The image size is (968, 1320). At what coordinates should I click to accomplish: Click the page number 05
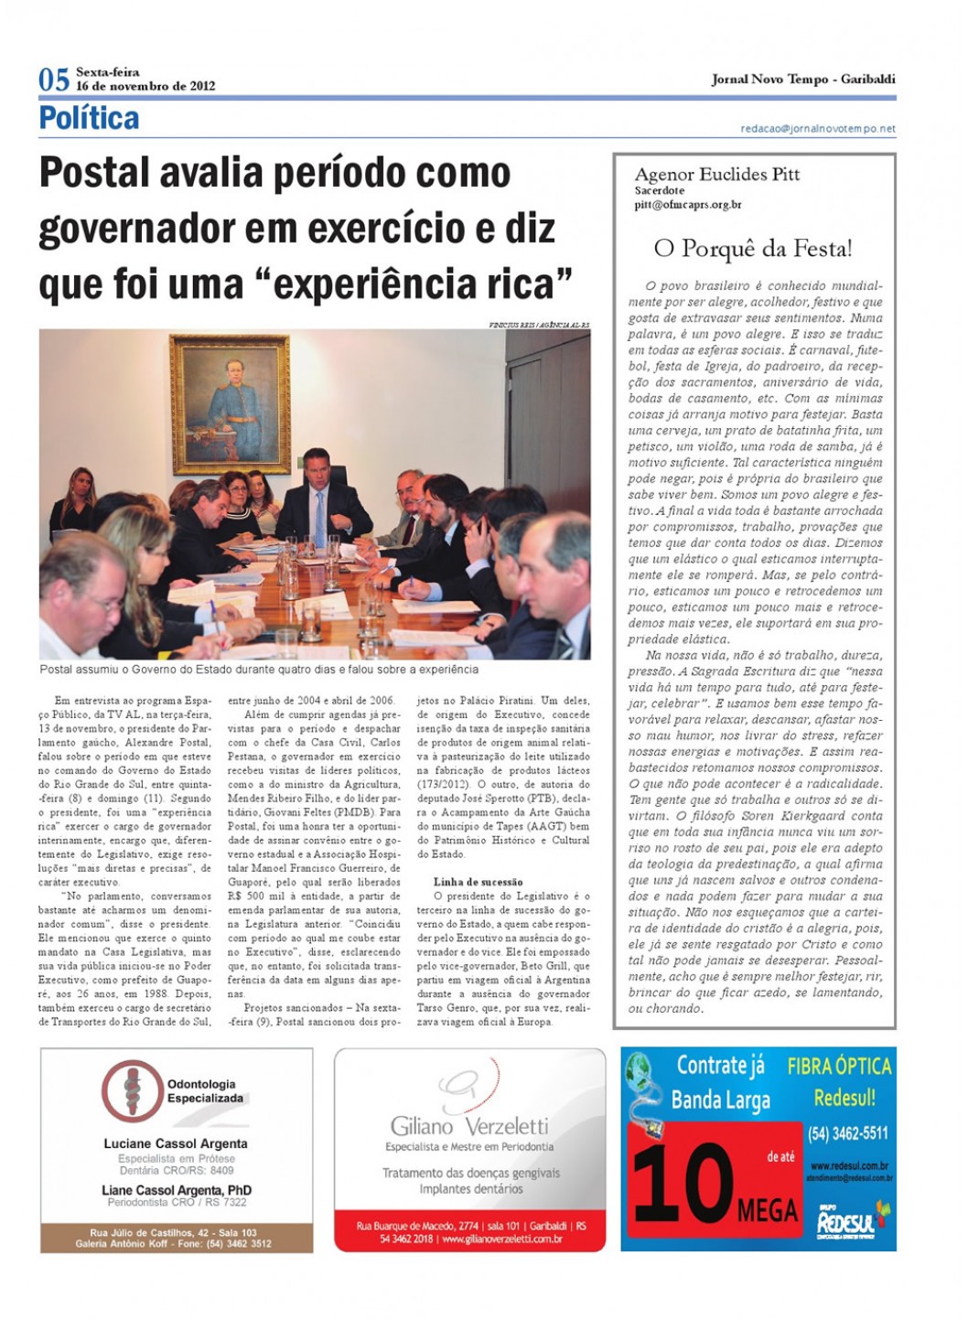(54, 80)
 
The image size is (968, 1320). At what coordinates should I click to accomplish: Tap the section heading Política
(89, 118)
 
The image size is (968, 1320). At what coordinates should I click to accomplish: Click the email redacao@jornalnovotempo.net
(817, 129)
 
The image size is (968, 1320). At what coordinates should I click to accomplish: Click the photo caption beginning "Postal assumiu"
(259, 670)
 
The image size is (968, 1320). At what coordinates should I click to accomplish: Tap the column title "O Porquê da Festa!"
(752, 248)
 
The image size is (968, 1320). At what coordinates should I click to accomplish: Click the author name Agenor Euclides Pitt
(716, 174)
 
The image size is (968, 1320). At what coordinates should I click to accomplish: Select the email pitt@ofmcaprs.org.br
(687, 205)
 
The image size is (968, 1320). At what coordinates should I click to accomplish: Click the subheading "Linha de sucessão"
(478, 882)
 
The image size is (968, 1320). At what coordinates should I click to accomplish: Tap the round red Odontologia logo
(131, 1090)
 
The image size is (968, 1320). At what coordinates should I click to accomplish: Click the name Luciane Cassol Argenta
(176, 1143)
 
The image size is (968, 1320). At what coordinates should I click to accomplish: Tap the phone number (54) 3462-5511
(847, 1133)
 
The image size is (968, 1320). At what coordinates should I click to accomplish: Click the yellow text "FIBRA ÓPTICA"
(839, 1066)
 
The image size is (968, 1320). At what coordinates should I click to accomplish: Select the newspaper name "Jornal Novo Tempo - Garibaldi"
(802, 80)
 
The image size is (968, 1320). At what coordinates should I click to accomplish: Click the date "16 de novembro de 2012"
(145, 86)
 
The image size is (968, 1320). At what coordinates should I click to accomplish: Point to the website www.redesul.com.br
(849, 1166)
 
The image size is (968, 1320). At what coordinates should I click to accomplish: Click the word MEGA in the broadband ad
(768, 1211)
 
